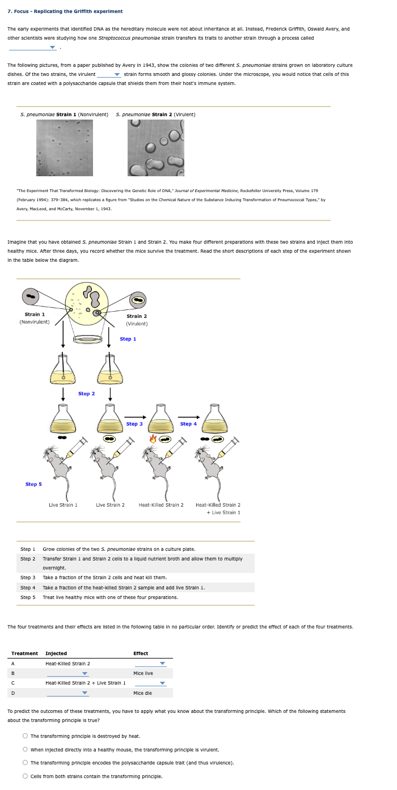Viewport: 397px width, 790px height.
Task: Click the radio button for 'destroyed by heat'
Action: click(26, 736)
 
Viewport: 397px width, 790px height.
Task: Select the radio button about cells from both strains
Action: click(26, 776)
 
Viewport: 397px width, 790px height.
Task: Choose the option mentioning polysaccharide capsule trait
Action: click(26, 763)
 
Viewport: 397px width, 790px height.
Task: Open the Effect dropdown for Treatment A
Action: click(150, 664)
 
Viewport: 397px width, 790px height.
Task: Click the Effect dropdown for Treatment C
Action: click(150, 683)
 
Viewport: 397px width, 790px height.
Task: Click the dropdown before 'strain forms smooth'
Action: click(109, 75)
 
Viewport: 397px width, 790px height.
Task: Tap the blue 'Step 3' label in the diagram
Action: click(134, 424)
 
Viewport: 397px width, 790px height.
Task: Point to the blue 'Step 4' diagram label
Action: click(188, 424)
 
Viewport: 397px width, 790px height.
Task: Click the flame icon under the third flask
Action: click(153, 439)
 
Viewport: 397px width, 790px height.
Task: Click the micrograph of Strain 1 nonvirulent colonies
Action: click(64, 147)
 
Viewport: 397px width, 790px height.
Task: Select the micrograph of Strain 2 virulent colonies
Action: click(156, 147)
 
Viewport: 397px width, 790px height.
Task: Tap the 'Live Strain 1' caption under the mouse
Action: click(63, 505)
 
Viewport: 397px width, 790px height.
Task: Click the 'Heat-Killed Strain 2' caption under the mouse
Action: click(161, 505)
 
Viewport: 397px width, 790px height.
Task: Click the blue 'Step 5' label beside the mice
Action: click(33, 485)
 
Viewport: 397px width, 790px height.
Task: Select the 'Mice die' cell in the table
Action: click(142, 693)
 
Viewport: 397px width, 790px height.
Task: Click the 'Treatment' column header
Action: click(24, 653)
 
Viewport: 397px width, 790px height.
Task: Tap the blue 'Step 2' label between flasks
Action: click(86, 393)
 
